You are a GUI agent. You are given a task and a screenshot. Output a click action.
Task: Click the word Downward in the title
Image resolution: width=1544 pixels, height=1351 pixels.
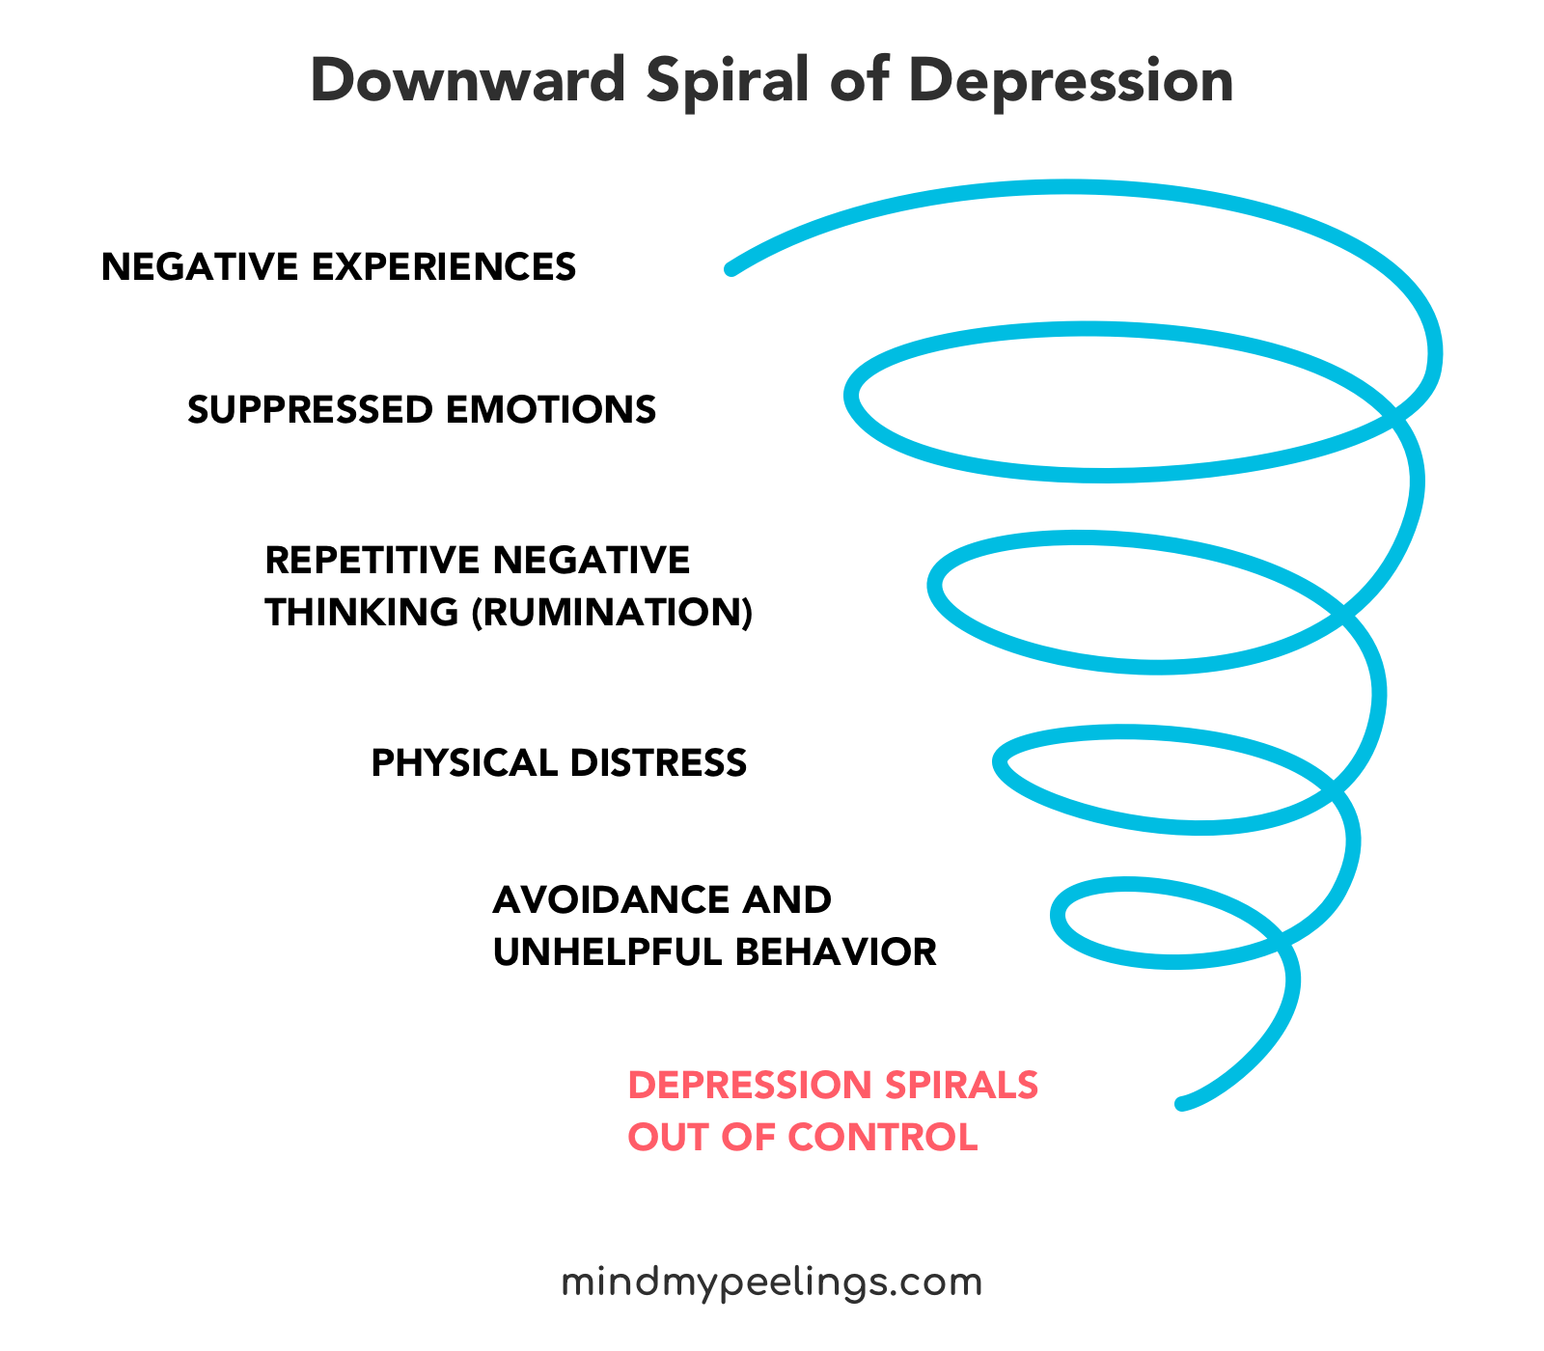tap(468, 81)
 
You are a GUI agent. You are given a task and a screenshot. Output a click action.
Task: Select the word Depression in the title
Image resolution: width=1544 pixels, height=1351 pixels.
tap(1071, 81)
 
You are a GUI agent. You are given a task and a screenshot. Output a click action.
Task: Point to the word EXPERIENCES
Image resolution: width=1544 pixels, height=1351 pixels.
tap(444, 267)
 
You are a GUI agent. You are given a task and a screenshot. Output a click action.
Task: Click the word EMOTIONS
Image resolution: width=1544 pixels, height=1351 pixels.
tap(551, 410)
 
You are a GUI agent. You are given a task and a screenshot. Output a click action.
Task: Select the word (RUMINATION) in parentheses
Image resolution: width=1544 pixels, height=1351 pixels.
tap(612, 613)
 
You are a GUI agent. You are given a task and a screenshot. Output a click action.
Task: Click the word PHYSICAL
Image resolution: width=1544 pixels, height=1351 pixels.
tap(464, 763)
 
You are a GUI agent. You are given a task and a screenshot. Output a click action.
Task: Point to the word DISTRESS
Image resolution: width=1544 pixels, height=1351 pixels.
tap(658, 763)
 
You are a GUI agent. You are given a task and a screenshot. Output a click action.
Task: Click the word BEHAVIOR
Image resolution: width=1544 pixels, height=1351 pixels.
tap(837, 952)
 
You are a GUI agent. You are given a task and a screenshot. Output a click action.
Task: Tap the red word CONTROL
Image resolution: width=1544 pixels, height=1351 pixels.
tap(884, 1138)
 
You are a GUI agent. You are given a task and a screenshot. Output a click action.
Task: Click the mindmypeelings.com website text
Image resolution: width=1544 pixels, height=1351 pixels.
tap(772, 1283)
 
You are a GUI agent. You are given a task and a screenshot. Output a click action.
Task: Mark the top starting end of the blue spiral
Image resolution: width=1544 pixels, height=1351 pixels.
tap(731, 269)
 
